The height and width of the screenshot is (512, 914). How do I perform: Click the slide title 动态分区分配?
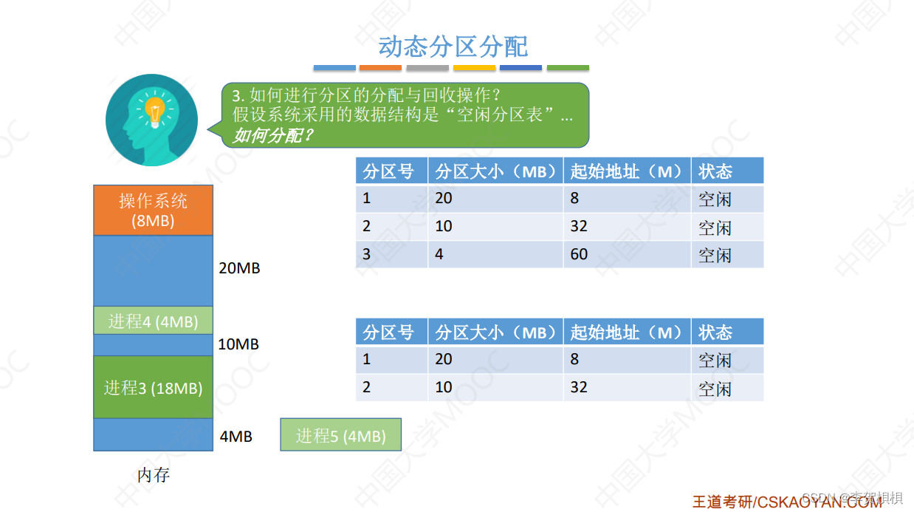click(x=453, y=47)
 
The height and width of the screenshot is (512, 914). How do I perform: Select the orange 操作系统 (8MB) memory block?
click(x=153, y=210)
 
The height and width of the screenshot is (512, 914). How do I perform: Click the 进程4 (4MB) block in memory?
click(x=153, y=321)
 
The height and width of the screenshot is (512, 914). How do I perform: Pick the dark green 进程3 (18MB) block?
click(x=153, y=387)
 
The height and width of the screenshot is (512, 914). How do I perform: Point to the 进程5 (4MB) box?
click(x=341, y=436)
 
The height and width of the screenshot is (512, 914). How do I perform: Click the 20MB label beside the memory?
click(x=240, y=268)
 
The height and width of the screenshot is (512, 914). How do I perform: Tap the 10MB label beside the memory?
click(x=238, y=344)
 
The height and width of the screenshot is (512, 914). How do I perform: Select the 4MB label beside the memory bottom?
click(x=236, y=437)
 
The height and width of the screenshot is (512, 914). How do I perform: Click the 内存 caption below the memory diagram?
click(x=154, y=475)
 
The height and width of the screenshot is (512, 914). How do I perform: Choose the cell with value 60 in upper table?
click(x=579, y=254)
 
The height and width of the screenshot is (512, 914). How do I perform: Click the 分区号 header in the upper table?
click(x=388, y=171)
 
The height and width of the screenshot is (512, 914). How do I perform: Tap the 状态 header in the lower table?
click(x=715, y=332)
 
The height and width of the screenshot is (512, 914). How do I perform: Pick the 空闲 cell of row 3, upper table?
click(x=715, y=255)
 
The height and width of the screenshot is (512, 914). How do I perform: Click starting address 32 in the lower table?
click(x=579, y=387)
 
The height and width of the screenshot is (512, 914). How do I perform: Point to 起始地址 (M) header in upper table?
click(x=626, y=171)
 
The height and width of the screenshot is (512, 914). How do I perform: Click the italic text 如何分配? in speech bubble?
click(x=273, y=135)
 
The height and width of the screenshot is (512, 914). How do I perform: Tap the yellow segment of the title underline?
click(x=474, y=68)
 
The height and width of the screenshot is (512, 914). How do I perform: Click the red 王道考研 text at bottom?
click(x=722, y=502)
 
